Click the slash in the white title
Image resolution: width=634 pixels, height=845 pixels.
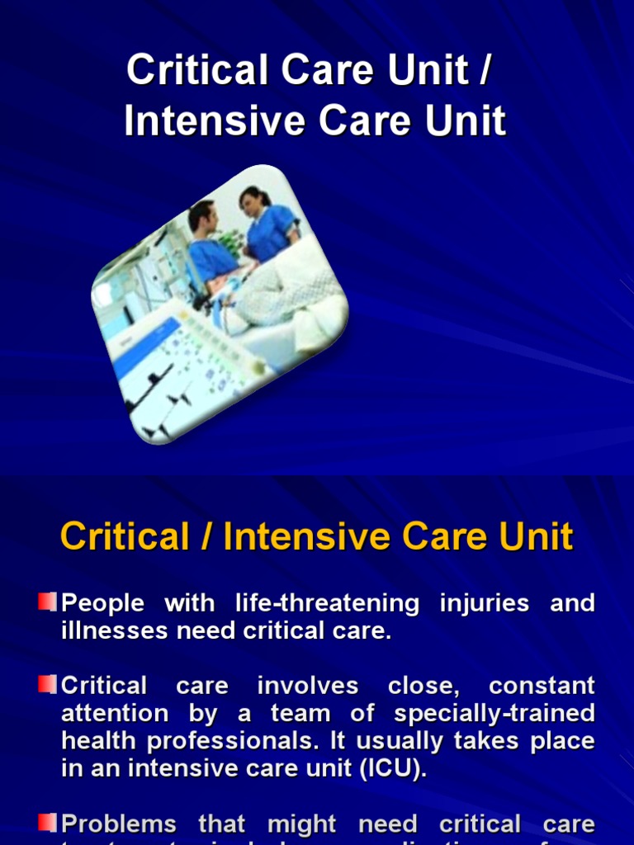485,71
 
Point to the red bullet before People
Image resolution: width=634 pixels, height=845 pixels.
47,602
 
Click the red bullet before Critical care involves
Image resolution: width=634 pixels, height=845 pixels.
47,684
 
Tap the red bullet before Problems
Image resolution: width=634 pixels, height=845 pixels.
47,822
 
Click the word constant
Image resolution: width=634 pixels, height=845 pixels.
542,686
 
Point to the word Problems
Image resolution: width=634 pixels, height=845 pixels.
120,824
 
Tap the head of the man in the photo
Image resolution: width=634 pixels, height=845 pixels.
202,217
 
